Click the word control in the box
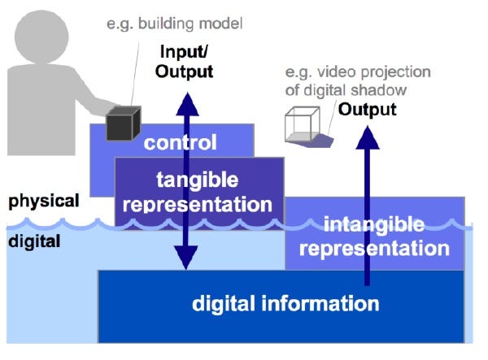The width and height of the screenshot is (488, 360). coord(181,144)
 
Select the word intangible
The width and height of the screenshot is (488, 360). coord(374,223)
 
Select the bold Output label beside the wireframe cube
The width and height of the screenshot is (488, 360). coord(368,110)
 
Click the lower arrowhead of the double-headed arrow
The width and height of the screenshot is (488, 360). coord(187,261)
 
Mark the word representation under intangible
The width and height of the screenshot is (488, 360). coord(374,249)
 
